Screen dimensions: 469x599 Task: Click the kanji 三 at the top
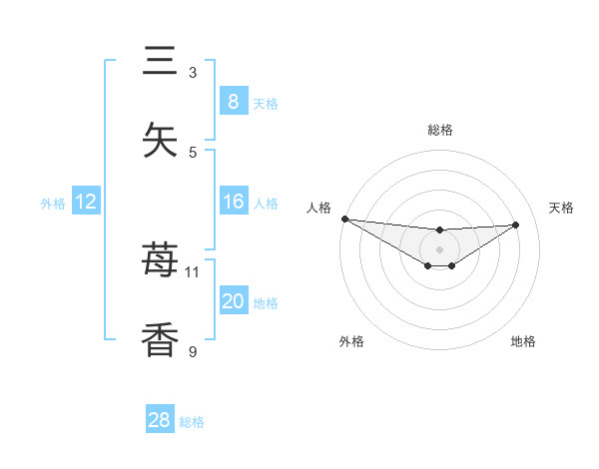click(161, 62)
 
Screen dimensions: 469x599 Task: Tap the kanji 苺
click(161, 261)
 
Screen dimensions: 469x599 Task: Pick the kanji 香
click(161, 339)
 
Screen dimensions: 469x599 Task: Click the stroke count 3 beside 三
click(193, 73)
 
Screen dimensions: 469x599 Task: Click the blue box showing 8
click(233, 101)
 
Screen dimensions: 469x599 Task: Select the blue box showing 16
click(233, 202)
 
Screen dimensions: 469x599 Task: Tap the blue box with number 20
click(233, 301)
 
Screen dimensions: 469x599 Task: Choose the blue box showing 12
click(86, 202)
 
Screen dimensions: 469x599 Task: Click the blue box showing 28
click(159, 420)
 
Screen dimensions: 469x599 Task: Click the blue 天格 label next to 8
click(266, 103)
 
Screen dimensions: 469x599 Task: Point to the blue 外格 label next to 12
click(53, 203)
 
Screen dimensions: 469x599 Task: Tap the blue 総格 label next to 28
click(192, 422)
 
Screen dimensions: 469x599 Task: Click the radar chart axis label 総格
click(439, 130)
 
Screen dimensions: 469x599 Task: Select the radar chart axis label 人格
click(318, 208)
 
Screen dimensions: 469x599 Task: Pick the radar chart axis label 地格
click(523, 342)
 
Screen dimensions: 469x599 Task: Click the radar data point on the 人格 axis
click(344, 219)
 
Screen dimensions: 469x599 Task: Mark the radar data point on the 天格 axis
click(516, 225)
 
